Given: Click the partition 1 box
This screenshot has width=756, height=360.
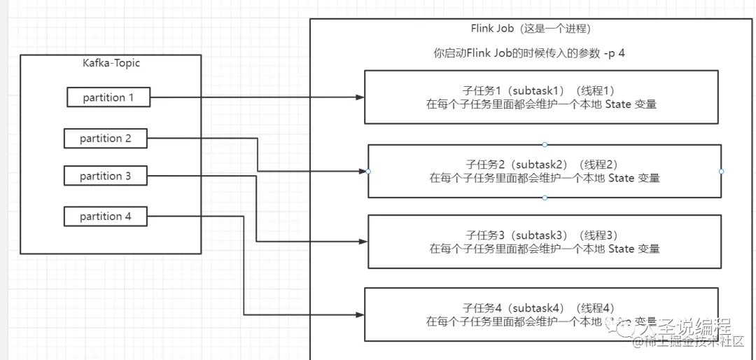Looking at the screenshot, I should click(108, 97).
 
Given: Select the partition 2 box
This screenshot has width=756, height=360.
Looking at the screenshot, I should click(106, 139).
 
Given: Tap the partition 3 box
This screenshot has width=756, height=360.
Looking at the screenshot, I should click(106, 176).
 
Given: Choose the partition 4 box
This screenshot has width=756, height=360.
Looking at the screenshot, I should click(106, 216).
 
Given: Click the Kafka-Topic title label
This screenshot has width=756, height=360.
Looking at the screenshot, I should click(111, 63).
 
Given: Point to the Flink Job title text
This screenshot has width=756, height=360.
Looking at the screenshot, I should click(531, 29).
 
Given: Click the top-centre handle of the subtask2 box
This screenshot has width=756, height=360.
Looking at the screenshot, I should click(545, 144).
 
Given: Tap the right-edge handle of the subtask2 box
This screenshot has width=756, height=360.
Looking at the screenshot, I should click(721, 172).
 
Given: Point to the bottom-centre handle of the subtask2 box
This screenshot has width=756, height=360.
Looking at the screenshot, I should click(545, 198).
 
